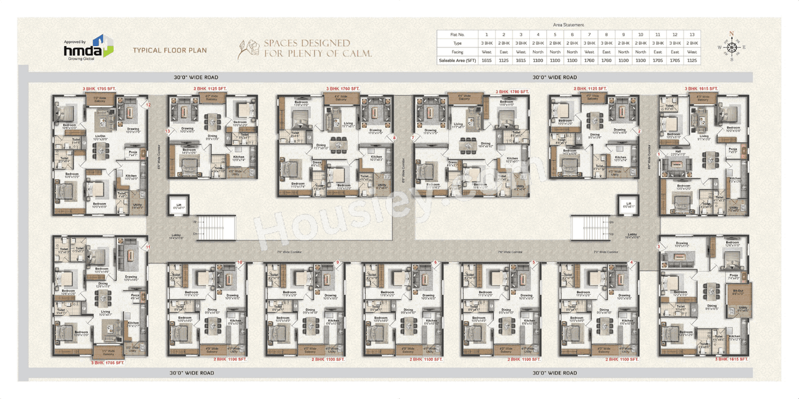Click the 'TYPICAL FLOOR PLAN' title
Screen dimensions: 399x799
pos(169,50)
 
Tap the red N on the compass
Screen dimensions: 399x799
pos(732,34)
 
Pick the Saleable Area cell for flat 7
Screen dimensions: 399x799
pos(589,60)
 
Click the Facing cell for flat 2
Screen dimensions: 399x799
pos(503,52)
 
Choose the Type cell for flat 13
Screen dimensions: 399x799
pos(691,43)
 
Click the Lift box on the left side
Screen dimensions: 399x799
pos(179,205)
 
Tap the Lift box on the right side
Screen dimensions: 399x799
pos(624,205)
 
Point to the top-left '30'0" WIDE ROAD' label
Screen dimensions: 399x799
pos(196,78)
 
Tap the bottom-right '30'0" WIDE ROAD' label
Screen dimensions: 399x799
pos(554,373)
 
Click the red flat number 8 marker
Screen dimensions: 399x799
pos(394,137)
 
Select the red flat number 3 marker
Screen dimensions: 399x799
pos(658,247)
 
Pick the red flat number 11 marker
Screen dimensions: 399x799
pos(148,248)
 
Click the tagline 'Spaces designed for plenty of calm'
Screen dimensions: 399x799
pos(317,49)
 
